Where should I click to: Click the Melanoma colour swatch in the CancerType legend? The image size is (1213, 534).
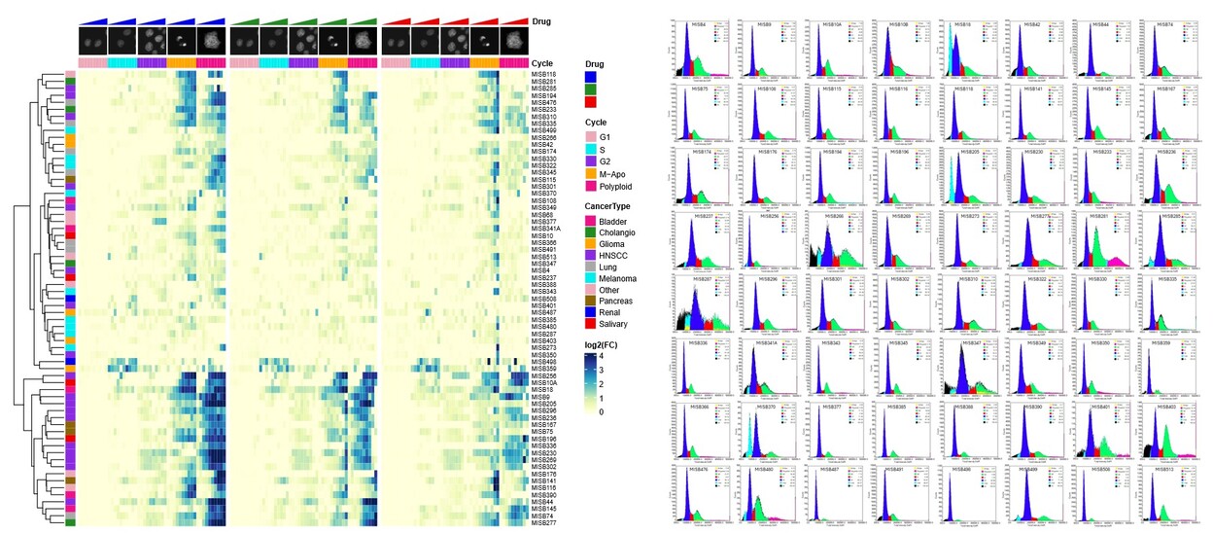589,277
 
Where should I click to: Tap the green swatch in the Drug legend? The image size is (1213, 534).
589,88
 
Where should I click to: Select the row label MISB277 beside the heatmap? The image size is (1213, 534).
543,523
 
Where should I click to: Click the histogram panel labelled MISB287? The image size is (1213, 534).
703,303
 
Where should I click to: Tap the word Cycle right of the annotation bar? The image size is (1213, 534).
543,62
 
